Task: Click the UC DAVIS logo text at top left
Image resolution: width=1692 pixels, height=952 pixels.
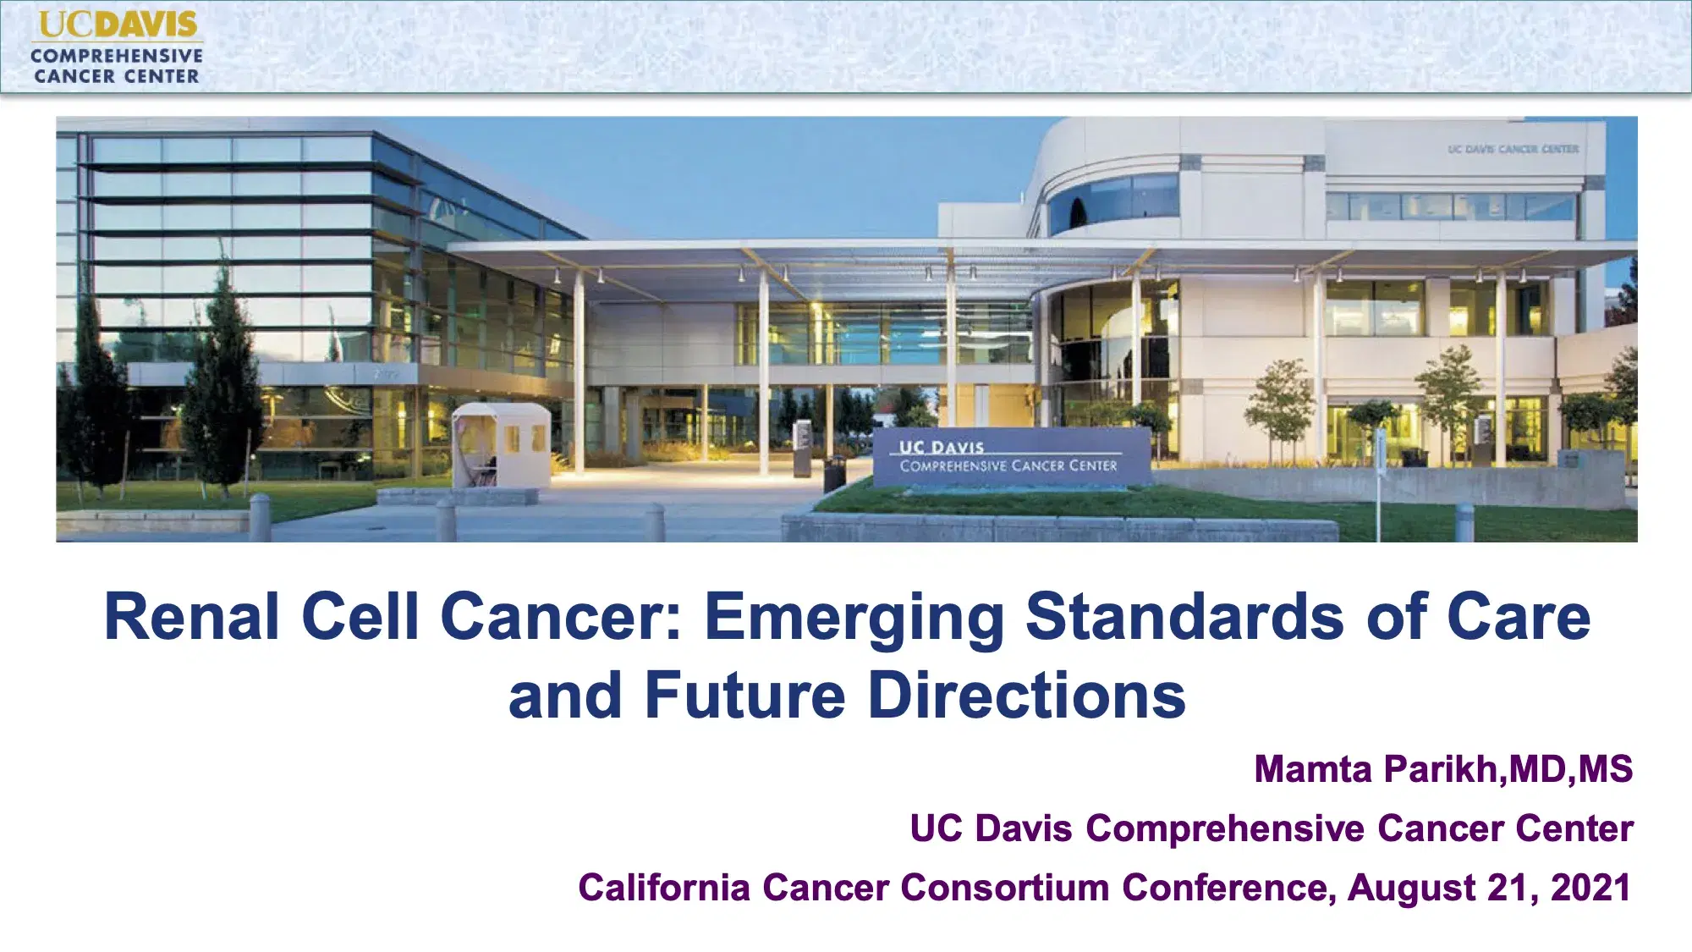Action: [x=118, y=24]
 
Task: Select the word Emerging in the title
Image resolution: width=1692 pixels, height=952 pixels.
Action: [x=854, y=619]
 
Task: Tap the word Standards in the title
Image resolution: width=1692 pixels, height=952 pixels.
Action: [x=1184, y=617]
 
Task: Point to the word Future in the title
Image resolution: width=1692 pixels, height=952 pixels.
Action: [x=744, y=696]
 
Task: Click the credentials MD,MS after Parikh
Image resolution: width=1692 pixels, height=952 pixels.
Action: [x=1570, y=769]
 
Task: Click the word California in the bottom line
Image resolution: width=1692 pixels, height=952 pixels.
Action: [x=664, y=888]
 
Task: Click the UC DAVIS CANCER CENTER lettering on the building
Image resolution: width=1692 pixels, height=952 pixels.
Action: [x=1513, y=149]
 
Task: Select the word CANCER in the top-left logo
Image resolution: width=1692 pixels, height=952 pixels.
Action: [x=74, y=76]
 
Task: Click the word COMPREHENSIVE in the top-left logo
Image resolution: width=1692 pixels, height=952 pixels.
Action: [x=117, y=56]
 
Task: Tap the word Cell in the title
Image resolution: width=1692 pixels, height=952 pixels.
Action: [x=360, y=617]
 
